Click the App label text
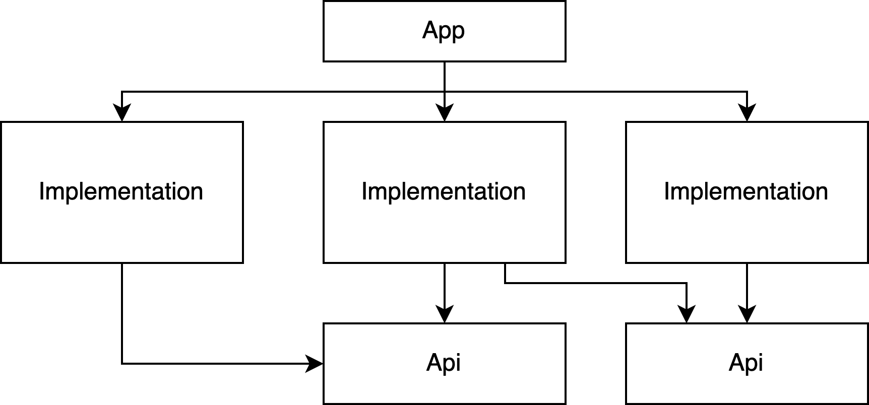(443, 31)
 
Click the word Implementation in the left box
(121, 192)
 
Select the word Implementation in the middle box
(444, 192)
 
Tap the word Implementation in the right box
(746, 192)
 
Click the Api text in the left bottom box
(443, 363)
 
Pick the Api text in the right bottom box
(746, 363)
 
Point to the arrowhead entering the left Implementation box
(122, 113)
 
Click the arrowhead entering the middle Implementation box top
(445, 113)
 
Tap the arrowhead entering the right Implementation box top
(747, 113)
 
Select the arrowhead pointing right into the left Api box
(315, 363)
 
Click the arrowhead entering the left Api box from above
(445, 315)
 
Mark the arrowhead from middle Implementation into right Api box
(687, 315)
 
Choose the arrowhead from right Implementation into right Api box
(747, 315)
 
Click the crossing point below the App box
(445, 92)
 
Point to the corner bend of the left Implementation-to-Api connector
(122, 363)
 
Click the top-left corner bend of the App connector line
(122, 92)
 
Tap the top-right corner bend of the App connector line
(747, 92)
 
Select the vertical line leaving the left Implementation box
(122, 312)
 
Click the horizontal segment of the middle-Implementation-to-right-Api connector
(595, 283)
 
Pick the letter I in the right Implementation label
(666, 191)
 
